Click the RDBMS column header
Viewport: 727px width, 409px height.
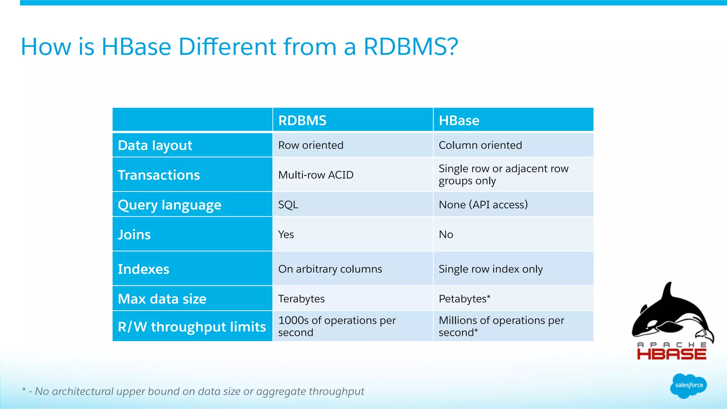[x=302, y=121]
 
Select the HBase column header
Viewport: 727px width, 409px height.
[x=459, y=121]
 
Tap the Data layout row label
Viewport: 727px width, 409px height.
[x=155, y=145]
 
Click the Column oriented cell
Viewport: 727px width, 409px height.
[x=480, y=145]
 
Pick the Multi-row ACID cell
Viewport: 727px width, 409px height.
[x=316, y=175]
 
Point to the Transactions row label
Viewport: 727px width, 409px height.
[x=159, y=175]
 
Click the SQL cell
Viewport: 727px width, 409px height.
[x=288, y=205]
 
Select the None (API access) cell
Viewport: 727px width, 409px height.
[x=483, y=205]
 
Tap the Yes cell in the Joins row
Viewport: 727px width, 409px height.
[x=286, y=234]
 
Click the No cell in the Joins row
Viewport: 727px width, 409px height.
[x=446, y=234]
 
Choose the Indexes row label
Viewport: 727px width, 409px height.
[x=143, y=269]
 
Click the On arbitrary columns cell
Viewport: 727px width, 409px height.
[x=330, y=269]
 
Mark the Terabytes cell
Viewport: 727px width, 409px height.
[x=301, y=299]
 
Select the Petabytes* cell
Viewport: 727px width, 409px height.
[x=464, y=299]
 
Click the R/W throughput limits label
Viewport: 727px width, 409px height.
[x=192, y=327]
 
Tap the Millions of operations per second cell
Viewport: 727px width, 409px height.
[x=501, y=326]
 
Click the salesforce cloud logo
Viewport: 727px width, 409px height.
[x=689, y=386]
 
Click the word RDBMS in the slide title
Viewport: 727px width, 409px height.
[x=411, y=47]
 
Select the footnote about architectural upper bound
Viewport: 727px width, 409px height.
[x=193, y=391]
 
